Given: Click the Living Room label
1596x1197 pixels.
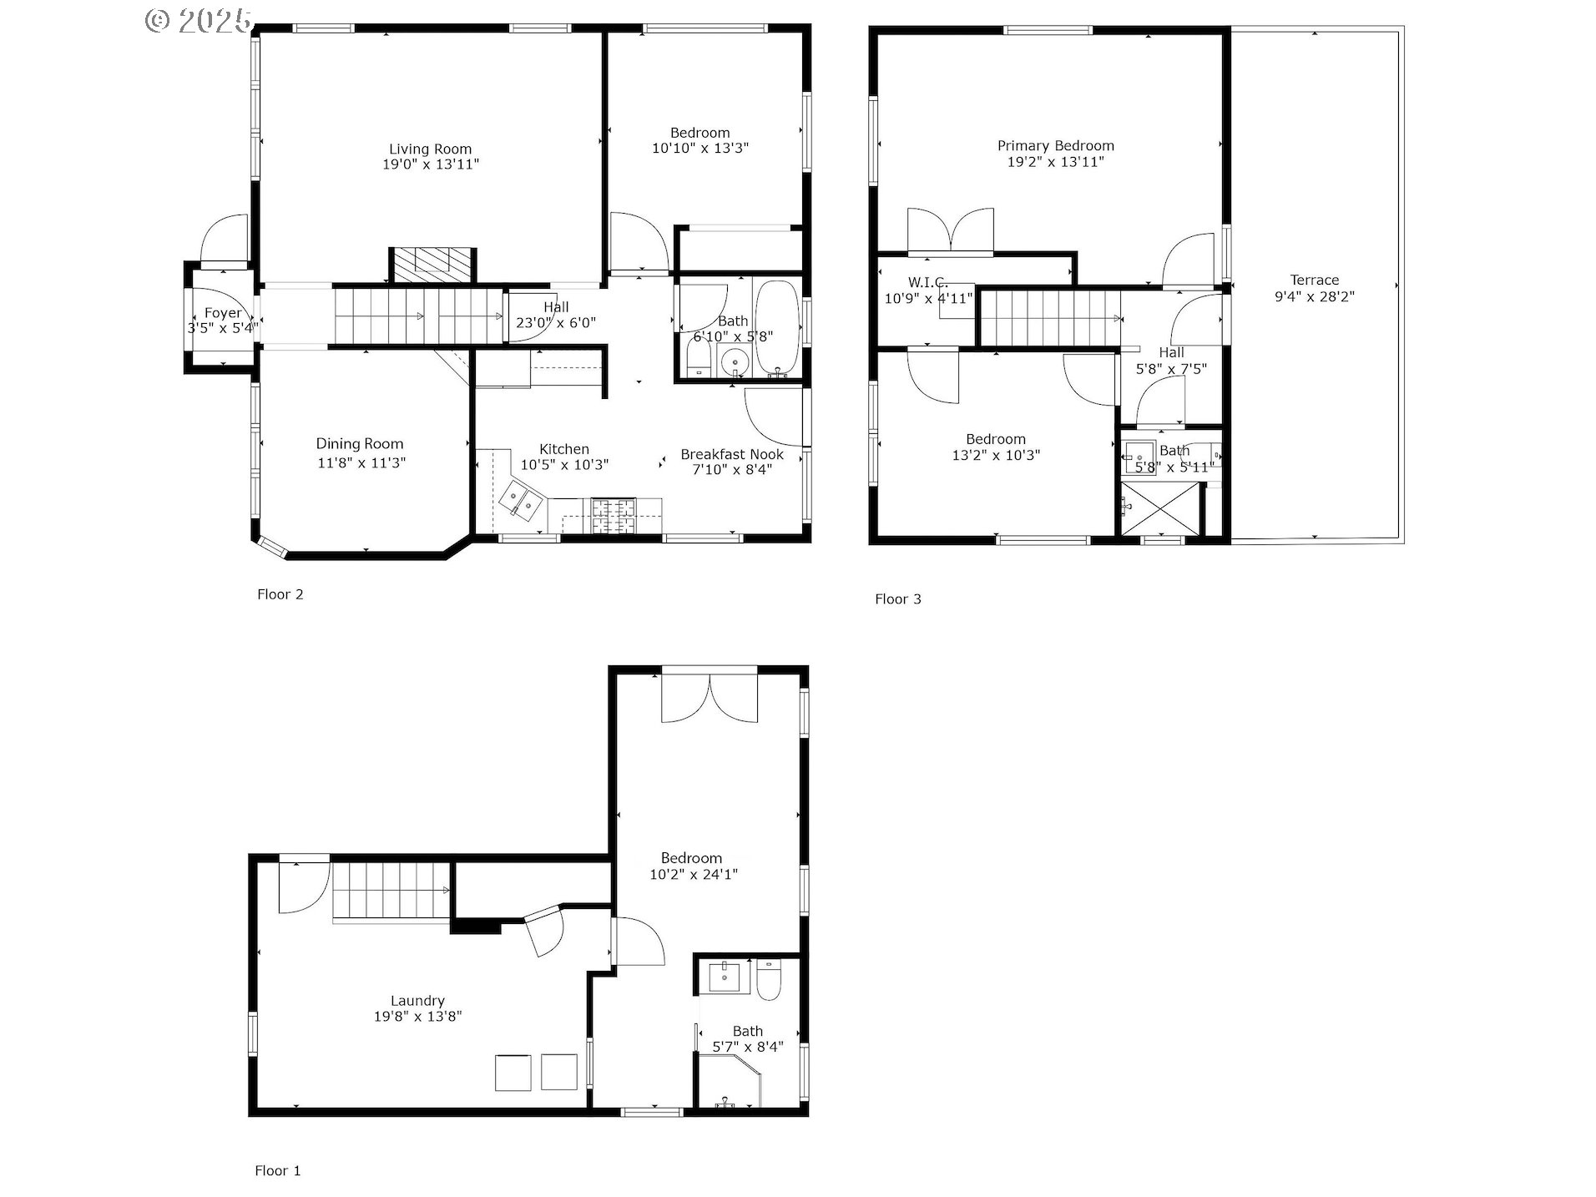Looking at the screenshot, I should (x=430, y=149).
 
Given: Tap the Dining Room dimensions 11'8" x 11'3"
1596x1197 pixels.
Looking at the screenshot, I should (x=361, y=462).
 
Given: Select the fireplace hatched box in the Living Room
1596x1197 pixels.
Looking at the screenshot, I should (x=433, y=266).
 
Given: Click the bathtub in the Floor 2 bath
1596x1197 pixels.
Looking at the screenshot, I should (x=776, y=328).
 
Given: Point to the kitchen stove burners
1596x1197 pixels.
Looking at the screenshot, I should (x=614, y=515).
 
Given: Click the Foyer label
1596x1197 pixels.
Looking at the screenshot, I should (x=222, y=313).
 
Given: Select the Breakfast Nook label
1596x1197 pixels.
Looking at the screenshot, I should (x=732, y=454).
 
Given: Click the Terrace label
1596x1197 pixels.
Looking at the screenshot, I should (x=1314, y=280).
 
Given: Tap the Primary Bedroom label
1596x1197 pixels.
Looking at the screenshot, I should (x=1055, y=146).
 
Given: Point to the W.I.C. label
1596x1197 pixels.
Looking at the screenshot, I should (x=927, y=283).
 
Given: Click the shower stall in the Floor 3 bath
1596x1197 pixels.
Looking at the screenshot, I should (x=1158, y=508).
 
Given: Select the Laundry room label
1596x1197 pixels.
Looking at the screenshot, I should (x=417, y=1001).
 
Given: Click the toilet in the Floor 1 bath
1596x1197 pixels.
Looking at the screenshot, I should (x=768, y=980).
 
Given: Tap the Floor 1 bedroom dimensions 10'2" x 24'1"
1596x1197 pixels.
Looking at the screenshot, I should (x=693, y=875).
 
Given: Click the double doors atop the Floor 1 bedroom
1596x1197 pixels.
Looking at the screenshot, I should (x=710, y=698).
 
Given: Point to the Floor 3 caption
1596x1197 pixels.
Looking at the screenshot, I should (x=897, y=598).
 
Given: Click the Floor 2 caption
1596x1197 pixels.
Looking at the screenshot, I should (x=280, y=594).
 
